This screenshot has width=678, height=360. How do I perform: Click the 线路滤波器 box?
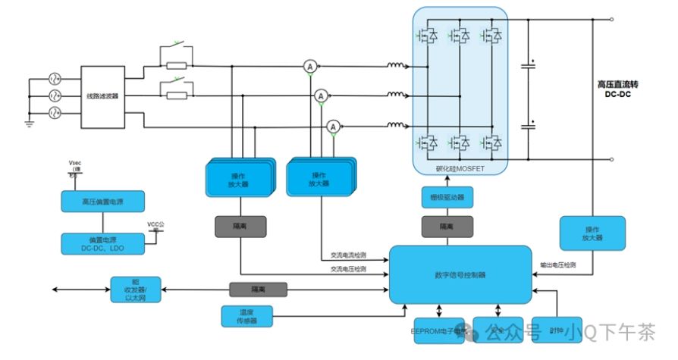tap(102, 96)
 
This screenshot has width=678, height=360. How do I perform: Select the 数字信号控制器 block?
tap(460, 274)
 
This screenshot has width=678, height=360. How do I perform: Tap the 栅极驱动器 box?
tap(447, 198)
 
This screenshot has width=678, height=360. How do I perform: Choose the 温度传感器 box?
tap(241, 316)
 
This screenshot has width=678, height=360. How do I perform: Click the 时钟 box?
tap(556, 330)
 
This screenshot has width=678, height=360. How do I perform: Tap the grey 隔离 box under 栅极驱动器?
tap(447, 227)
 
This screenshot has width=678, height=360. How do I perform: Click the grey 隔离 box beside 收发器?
tap(258, 290)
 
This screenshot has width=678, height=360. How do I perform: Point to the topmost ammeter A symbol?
tap(309, 67)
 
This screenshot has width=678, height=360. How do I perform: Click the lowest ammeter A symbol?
tap(332, 127)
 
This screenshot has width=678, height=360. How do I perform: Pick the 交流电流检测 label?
tap(348, 255)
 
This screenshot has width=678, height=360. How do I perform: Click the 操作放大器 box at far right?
tap(592, 233)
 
